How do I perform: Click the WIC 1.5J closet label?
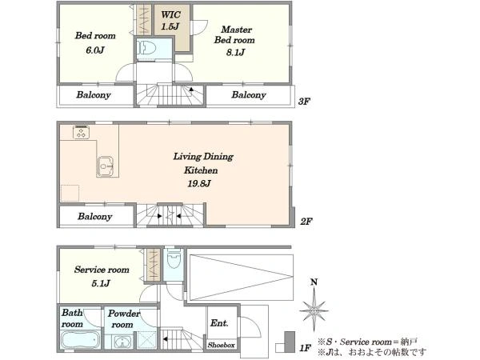[x=170, y=21]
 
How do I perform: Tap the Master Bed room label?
[x=234, y=34]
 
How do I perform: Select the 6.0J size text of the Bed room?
[x=95, y=50]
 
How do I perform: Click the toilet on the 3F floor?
[x=146, y=48]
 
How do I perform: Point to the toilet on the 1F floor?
[x=174, y=259]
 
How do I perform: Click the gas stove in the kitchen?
[x=81, y=133]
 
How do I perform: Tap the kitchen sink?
[x=105, y=166]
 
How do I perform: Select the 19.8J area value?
[x=199, y=183]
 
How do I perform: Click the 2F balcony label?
[x=95, y=217]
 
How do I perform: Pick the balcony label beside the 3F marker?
[x=249, y=95]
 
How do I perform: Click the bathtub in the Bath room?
[x=80, y=340]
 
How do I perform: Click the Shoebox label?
[x=222, y=345]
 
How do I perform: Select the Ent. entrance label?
[x=219, y=323]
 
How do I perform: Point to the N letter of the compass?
[x=314, y=282]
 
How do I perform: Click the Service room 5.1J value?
[x=101, y=283]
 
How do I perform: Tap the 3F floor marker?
[x=304, y=102]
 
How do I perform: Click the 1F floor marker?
[x=306, y=348]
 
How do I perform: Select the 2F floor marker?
[x=306, y=222]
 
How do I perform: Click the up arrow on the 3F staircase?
[x=191, y=90]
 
